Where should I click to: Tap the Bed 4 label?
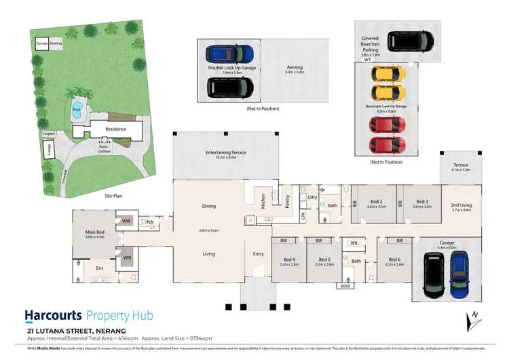coord(288,259)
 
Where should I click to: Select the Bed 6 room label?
coord(394,259)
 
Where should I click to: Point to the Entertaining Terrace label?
coord(226,153)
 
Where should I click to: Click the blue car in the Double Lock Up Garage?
coord(229,54)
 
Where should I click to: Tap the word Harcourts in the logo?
coord(54,315)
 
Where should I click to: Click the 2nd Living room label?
coord(461,205)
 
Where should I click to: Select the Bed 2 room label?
coord(376,202)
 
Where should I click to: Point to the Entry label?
coord(259,254)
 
